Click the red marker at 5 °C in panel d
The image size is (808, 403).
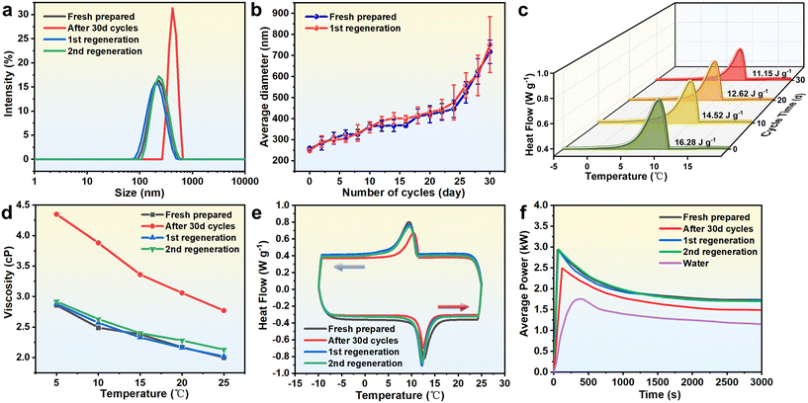click(56, 214)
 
